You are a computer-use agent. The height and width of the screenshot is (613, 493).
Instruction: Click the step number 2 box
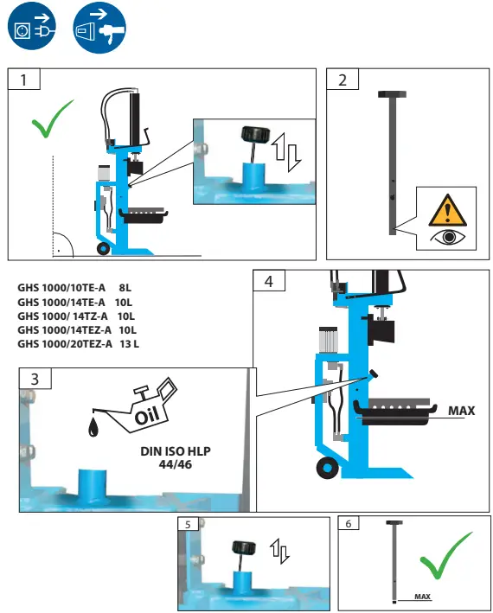click(343, 80)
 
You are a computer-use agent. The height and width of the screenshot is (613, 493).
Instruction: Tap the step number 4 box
click(270, 281)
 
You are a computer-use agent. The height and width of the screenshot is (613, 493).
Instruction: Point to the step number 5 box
click(189, 525)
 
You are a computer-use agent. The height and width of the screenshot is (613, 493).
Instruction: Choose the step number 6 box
click(349, 525)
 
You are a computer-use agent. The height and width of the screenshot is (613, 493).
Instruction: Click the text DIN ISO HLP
click(175, 451)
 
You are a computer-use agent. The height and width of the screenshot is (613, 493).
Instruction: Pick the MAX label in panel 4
click(460, 411)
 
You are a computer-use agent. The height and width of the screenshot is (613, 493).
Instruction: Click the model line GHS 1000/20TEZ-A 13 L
click(78, 343)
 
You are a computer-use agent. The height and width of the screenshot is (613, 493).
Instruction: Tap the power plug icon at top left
click(27, 28)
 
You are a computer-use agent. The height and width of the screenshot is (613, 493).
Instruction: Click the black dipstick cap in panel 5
click(243, 547)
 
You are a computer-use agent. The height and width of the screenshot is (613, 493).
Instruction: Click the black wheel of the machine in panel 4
click(327, 468)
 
